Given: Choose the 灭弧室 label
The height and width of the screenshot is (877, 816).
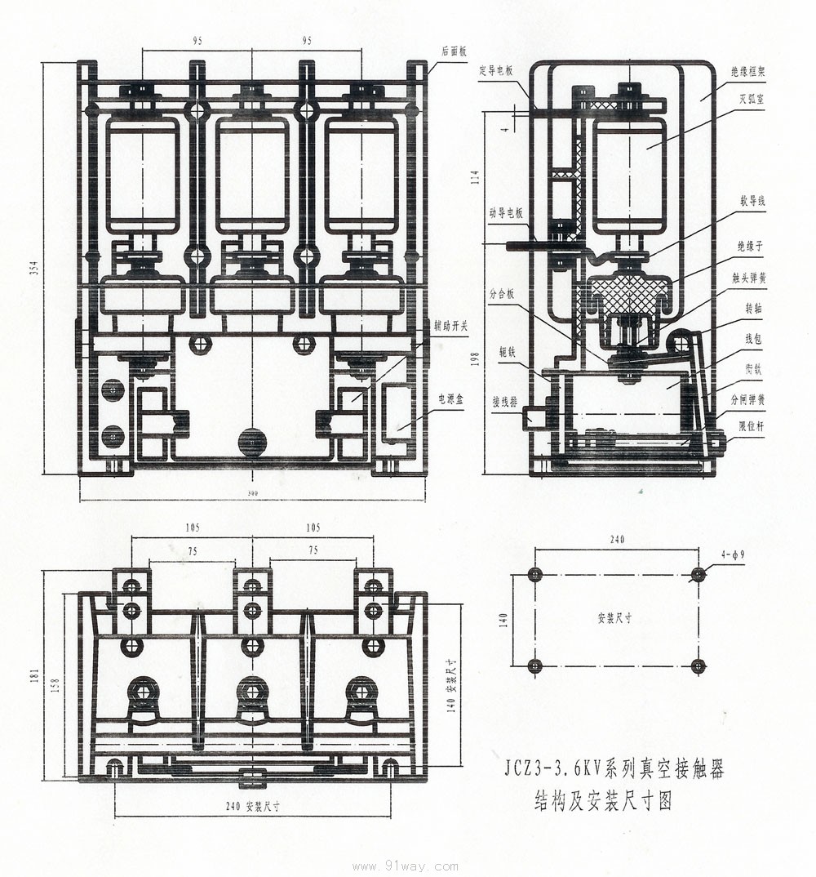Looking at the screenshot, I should point(749,100).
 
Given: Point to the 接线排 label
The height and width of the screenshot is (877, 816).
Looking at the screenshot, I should point(504,402).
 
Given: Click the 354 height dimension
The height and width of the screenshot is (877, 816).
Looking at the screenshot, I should point(34,268).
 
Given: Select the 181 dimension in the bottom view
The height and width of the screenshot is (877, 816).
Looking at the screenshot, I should point(34,676).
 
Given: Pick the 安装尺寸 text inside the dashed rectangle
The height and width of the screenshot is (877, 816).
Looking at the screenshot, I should point(614,619).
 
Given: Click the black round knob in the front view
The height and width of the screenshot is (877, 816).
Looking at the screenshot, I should point(252,442).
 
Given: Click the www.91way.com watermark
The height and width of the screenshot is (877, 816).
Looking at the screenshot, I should point(405,867).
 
